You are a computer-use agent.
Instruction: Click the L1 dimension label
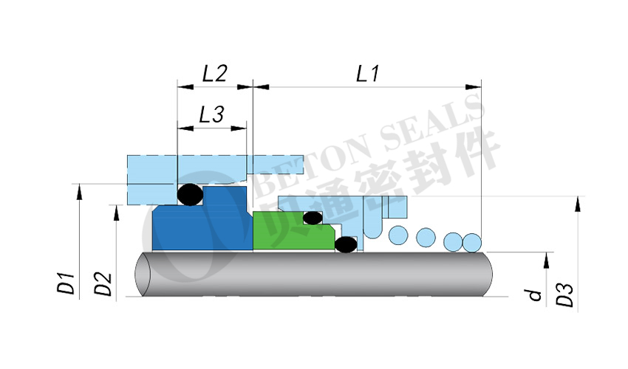coord(367,74)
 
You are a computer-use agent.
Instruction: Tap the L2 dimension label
coord(215,73)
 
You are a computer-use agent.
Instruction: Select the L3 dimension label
coord(211,114)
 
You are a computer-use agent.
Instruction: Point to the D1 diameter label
coord(66,283)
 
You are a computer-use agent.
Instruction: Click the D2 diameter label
coord(103,284)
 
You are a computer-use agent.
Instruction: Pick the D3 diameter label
coord(564,295)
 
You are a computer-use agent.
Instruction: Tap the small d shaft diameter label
coord(535,295)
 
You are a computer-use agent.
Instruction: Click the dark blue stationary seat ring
coord(200,224)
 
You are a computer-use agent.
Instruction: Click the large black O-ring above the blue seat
coord(190,195)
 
